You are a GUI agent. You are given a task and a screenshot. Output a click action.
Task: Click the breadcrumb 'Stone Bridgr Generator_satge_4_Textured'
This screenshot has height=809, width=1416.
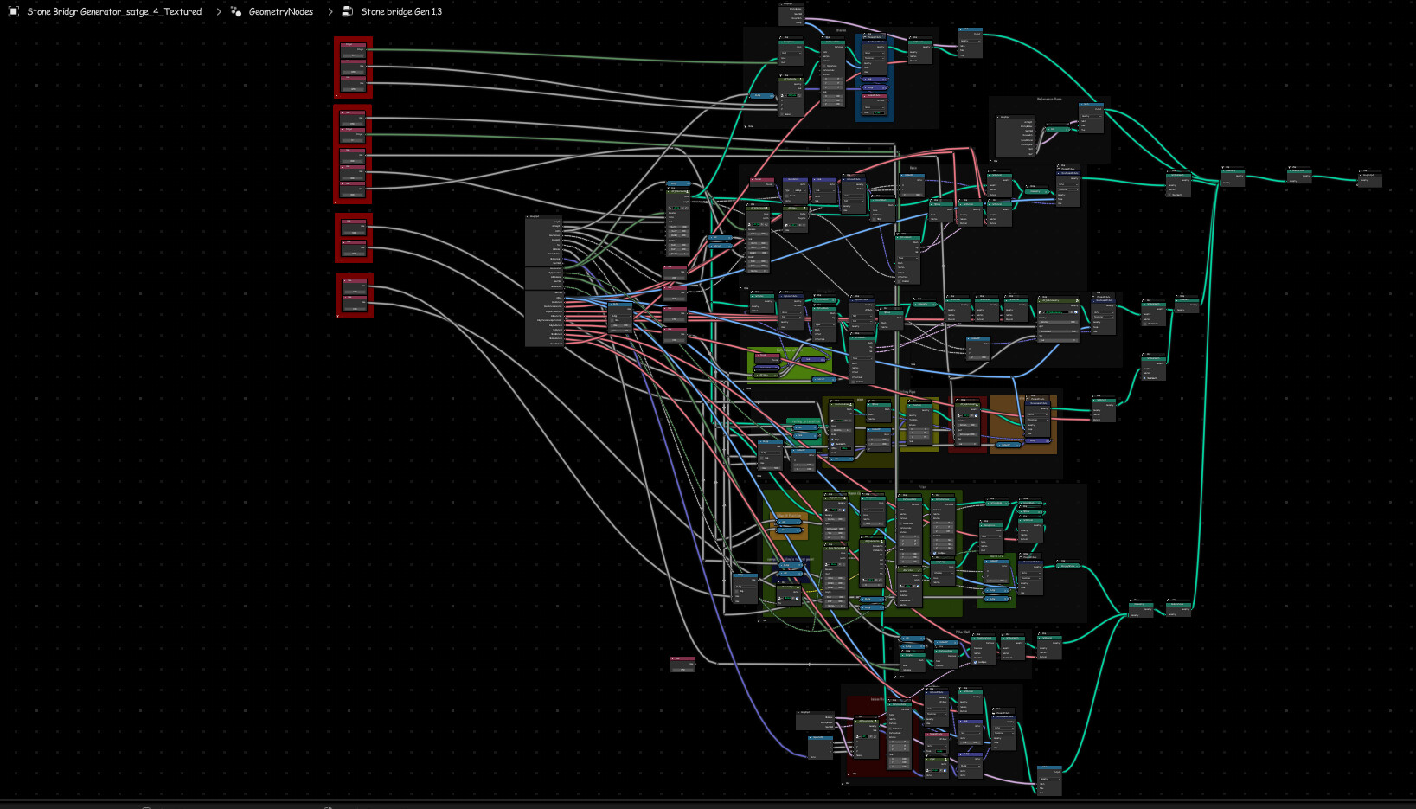[x=113, y=11]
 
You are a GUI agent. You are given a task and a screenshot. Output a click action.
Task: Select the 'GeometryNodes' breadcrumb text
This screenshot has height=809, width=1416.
[x=280, y=11]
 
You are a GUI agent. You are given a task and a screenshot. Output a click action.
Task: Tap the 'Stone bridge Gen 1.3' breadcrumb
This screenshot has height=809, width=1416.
[x=400, y=11]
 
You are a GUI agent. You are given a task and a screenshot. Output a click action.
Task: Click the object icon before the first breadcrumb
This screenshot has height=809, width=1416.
[x=13, y=11]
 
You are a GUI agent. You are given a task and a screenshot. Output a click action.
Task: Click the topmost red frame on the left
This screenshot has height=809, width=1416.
[x=353, y=67]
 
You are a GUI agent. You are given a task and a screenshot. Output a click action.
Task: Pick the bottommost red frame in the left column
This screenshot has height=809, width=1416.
[x=354, y=295]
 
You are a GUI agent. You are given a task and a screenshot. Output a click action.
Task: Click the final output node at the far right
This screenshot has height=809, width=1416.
[x=1368, y=178]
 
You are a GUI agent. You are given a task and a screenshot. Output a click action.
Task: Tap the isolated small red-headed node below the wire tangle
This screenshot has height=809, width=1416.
[x=682, y=664]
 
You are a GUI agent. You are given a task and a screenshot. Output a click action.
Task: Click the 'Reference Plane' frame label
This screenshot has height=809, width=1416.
[x=1048, y=99]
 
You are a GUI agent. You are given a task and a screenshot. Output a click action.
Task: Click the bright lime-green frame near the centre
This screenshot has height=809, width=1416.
[x=789, y=363]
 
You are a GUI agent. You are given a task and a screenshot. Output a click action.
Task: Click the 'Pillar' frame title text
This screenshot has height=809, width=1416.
[x=922, y=486]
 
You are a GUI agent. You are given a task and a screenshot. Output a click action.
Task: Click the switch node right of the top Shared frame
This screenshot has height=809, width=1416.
[x=970, y=42]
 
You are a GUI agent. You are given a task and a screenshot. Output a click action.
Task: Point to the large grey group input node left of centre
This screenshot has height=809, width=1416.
[x=543, y=281]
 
